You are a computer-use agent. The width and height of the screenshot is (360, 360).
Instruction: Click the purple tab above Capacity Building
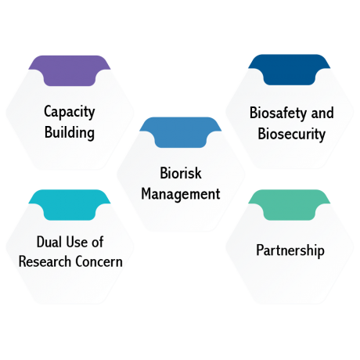70,70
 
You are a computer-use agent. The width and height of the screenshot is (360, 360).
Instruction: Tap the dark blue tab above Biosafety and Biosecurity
290,69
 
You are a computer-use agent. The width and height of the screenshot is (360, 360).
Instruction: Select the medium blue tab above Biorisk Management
181,132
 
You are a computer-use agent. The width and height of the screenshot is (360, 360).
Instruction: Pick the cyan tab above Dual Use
70,204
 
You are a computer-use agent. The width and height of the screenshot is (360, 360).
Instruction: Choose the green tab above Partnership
290,204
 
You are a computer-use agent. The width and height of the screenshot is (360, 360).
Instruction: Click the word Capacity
70,112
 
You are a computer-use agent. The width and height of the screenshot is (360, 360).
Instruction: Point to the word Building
70,132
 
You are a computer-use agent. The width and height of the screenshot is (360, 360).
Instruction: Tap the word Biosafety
278,113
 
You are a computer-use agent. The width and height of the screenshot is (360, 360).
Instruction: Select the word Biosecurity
292,134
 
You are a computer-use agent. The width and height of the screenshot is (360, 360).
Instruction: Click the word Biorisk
181,173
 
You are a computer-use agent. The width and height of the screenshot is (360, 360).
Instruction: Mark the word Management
181,194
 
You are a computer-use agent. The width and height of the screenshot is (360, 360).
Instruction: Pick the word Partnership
290,250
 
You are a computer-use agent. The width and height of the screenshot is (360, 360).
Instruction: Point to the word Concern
99,261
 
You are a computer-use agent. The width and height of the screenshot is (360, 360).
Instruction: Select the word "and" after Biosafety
322,113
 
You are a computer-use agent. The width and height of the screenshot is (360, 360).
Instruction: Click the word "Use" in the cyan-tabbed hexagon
77,242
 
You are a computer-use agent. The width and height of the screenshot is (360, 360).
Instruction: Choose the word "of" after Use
98,242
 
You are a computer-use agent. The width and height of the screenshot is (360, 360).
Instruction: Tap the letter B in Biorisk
164,173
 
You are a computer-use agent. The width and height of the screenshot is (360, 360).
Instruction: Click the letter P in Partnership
260,250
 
